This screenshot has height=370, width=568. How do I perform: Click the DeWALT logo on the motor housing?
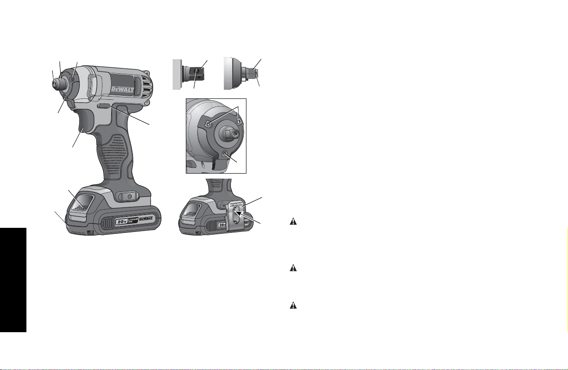(x=123, y=89)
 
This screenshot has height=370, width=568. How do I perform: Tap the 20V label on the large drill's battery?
(x=122, y=221)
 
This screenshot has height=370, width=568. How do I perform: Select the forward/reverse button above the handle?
(x=104, y=106)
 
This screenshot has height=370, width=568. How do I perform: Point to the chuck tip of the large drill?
(x=55, y=84)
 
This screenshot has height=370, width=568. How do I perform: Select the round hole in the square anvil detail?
(x=197, y=71)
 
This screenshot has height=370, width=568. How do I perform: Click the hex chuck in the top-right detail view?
(x=251, y=73)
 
